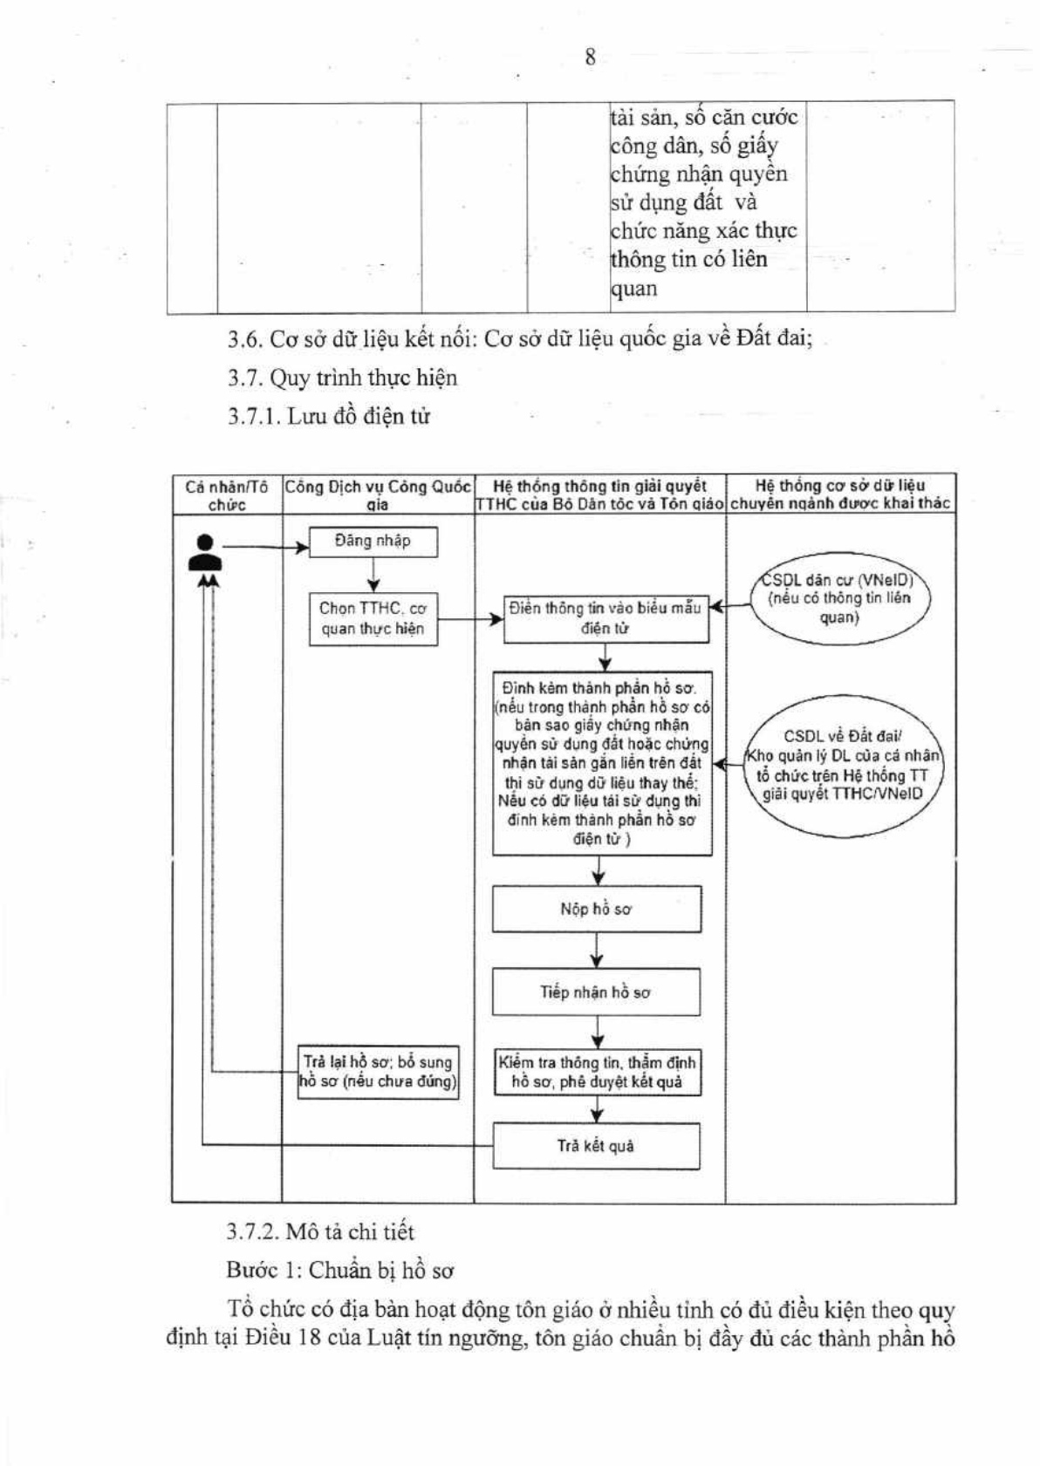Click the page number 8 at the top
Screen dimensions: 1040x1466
coord(590,58)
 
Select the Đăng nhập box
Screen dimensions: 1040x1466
coord(373,542)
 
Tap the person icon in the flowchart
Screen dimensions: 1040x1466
coord(205,553)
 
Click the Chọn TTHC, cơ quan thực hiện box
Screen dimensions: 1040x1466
coord(373,619)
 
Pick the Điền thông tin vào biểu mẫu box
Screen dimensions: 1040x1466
coord(606,619)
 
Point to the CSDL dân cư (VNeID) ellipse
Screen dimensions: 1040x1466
coord(839,599)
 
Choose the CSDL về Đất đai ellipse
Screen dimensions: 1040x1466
coord(842,766)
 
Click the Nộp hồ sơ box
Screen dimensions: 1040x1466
coord(597,909)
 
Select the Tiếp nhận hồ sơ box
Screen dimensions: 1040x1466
coord(596,992)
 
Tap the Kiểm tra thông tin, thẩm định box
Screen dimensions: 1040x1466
coord(598,1072)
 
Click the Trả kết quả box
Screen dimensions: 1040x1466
coord(596,1146)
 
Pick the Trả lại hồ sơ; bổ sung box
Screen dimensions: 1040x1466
coord(378,1072)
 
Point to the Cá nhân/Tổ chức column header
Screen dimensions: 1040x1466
coord(227,495)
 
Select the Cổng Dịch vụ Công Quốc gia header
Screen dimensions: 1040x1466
coord(378,495)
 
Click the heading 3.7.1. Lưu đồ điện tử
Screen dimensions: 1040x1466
coord(329,416)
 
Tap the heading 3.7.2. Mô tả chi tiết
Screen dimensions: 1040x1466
coord(320,1232)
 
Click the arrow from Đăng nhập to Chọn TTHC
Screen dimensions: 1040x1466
coord(373,576)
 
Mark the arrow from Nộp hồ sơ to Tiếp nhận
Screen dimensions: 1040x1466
coord(597,951)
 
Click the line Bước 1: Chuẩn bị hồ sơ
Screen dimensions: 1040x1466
coord(340,1271)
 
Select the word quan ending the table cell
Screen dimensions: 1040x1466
coord(633,289)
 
